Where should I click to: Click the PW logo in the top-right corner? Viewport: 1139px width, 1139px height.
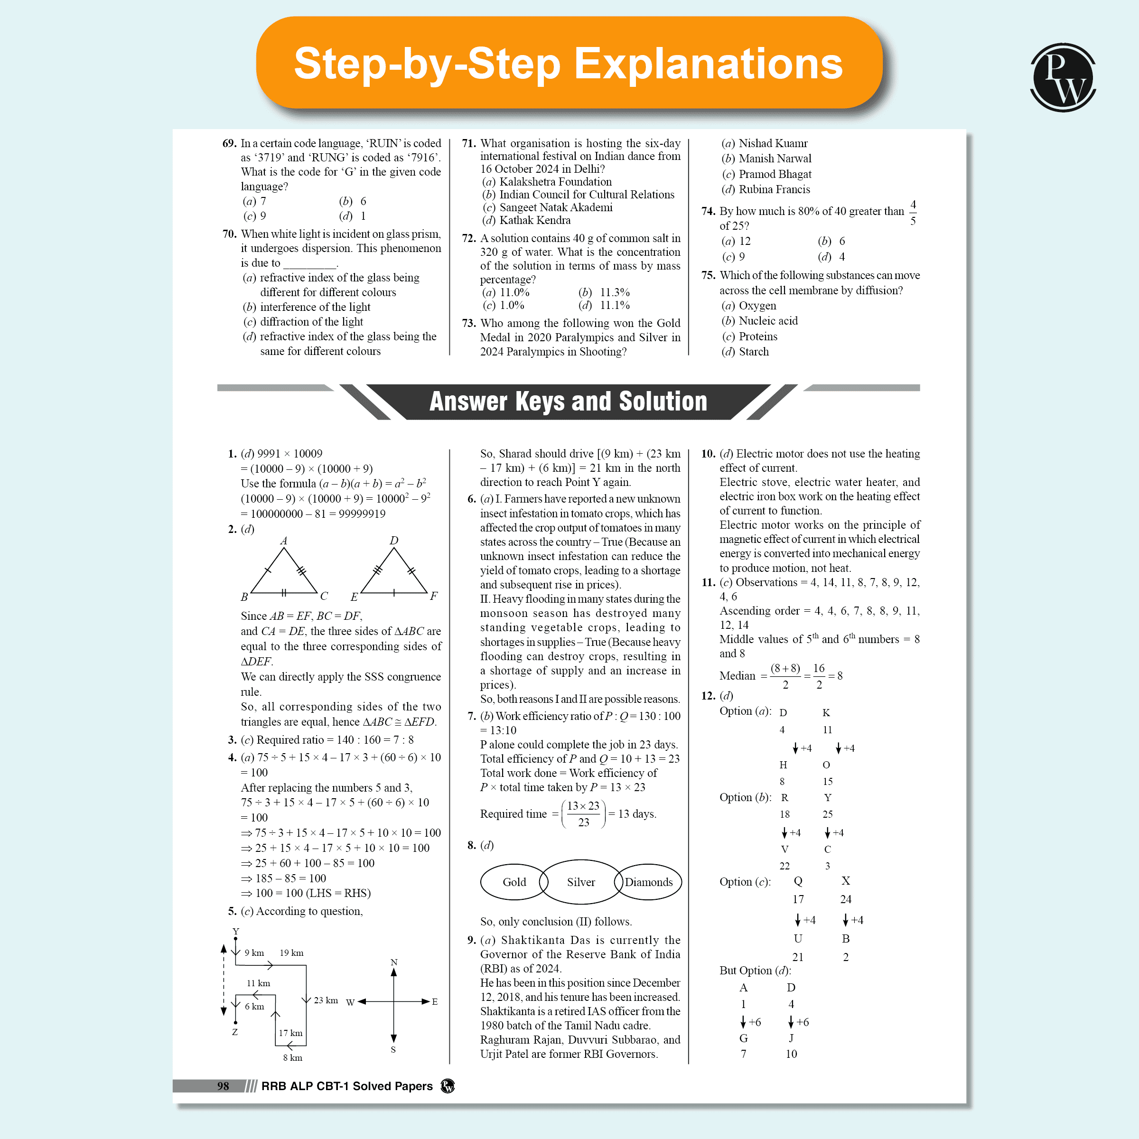coord(1063,77)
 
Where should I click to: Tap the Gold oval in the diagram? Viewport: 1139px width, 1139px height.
coord(514,882)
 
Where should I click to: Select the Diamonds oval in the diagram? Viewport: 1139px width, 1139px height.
coord(648,882)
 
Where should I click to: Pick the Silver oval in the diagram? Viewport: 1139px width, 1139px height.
coord(581,882)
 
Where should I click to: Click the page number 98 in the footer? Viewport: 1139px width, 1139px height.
coord(223,1086)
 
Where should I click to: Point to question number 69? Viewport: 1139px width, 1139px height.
coord(229,143)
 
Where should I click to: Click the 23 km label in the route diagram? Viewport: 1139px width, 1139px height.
coord(326,1000)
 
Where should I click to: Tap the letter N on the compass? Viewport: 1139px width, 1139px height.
coord(394,962)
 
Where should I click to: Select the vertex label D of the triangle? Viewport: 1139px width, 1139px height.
coord(394,540)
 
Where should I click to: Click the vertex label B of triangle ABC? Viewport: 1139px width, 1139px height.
coord(244,597)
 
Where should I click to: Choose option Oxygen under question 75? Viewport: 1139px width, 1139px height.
coord(757,305)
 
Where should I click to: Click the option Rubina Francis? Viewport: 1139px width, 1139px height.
coord(774,189)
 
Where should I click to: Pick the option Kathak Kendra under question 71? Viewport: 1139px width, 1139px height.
coord(535,220)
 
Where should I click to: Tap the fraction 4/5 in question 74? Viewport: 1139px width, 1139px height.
coord(913,212)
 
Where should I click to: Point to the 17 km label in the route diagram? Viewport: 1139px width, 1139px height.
coord(290,1033)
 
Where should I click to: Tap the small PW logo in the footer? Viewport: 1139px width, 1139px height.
coord(448,1086)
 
